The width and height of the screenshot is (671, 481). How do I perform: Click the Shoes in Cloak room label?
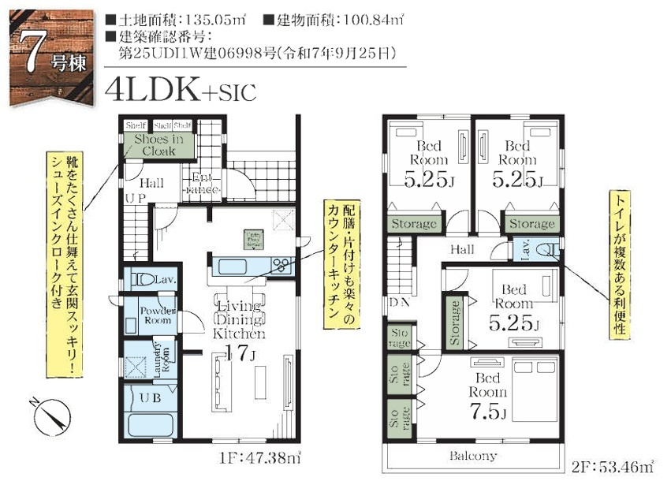158,145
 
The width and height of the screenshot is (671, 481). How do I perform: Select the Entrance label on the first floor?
197,184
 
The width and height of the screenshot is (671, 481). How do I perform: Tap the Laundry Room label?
159,359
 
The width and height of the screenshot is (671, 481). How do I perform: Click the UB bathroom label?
151,398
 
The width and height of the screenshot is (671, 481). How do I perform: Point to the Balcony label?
473,456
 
